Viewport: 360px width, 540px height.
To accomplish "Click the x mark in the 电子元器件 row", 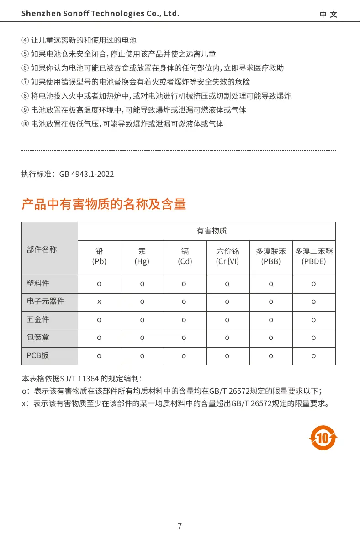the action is point(99,302).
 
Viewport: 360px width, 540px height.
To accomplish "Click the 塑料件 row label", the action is point(38,284).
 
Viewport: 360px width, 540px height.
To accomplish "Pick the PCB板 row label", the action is point(38,355).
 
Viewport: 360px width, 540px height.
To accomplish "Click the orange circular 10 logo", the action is point(323,438).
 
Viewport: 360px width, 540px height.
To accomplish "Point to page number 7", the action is point(180,526).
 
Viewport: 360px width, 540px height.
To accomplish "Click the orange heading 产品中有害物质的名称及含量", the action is point(104,204).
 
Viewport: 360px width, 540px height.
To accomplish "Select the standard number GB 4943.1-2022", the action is point(86,174).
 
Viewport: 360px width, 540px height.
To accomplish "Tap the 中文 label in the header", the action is point(328,14).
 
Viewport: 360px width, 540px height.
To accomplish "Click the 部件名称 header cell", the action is point(42,249).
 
